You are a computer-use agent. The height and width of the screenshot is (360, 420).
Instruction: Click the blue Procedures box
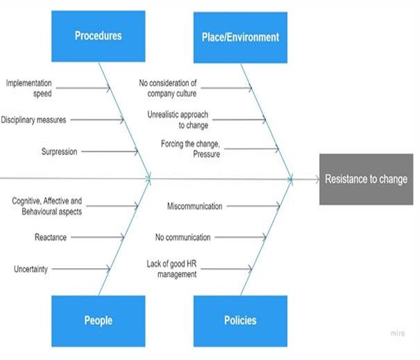click(98, 36)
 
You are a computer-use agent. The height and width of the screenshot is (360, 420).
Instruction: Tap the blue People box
click(98, 320)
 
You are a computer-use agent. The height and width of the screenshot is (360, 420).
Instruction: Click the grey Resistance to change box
click(366, 179)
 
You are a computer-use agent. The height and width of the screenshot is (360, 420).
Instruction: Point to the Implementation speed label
click(29, 88)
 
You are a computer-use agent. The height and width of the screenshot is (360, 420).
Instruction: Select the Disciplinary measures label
click(33, 119)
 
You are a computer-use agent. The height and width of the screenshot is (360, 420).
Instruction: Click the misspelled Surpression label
click(59, 151)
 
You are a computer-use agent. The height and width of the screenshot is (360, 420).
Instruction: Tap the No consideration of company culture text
click(169, 88)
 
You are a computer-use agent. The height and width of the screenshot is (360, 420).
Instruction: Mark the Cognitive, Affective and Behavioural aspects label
click(47, 206)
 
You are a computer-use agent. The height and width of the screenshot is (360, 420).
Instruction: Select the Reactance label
click(50, 237)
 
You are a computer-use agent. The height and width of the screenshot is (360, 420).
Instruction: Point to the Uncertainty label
click(31, 269)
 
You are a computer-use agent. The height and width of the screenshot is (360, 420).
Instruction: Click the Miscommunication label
click(195, 206)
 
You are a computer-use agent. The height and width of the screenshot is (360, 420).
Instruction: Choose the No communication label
click(183, 237)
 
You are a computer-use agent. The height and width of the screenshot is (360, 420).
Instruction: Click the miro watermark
click(397, 333)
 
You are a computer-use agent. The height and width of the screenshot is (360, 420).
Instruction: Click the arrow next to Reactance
click(96, 237)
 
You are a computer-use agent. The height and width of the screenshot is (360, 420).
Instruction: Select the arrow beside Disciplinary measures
click(96, 119)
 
